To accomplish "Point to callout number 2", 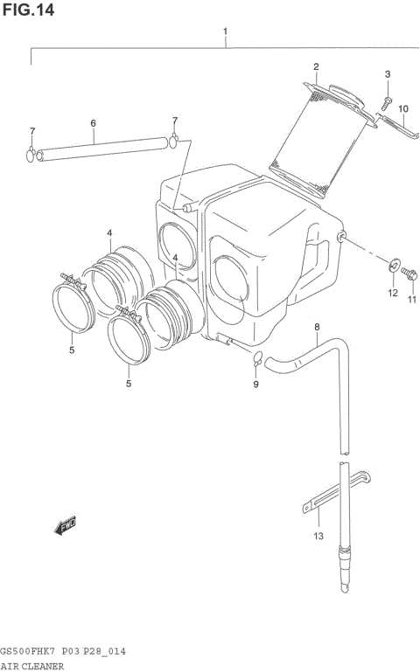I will tap(316, 67).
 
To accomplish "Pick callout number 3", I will tap(388, 74).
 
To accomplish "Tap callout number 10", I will tap(403, 109).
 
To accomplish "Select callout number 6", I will tap(93, 124).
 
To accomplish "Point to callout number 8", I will tap(317, 328).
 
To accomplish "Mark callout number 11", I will tap(411, 301).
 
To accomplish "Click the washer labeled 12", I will tap(393, 262).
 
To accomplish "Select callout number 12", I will tap(393, 294).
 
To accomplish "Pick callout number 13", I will tap(318, 536).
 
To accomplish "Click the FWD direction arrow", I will tap(65, 524).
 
